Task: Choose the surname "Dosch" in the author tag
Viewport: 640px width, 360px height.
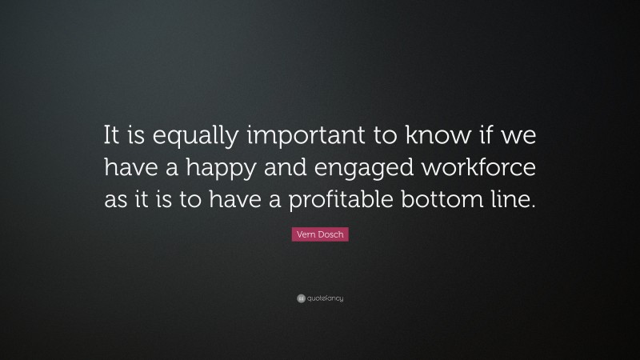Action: (x=330, y=235)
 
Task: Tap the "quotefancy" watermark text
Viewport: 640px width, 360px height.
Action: (x=325, y=299)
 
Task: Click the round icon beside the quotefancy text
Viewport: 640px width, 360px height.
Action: (x=301, y=299)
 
